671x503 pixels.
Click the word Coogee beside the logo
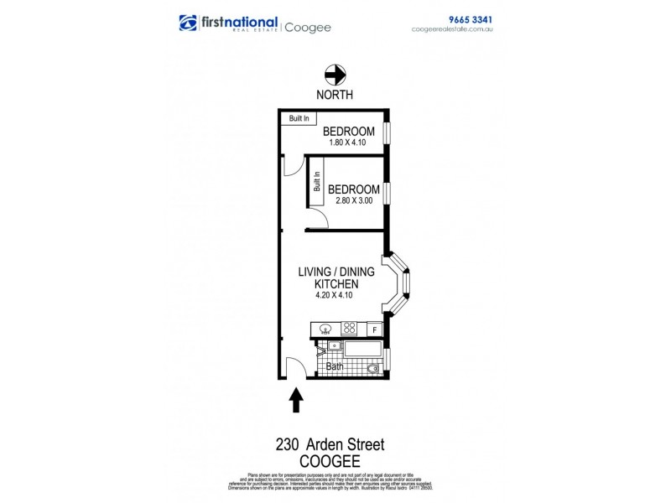point(307,27)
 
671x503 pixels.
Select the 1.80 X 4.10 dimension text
point(347,142)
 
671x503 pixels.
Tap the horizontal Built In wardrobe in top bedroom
point(299,119)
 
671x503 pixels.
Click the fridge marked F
point(374,329)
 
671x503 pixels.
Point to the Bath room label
point(335,366)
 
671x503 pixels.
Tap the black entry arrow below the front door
point(296,401)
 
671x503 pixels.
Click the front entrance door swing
point(294,367)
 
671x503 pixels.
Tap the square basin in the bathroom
point(334,345)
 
